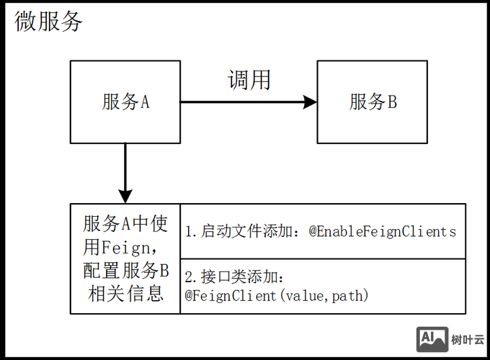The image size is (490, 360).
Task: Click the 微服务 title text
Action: [49, 22]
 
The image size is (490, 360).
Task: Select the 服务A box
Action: [125, 102]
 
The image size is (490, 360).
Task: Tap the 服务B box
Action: [373, 102]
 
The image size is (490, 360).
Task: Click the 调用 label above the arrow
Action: [249, 79]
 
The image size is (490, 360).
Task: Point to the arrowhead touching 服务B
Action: [311, 102]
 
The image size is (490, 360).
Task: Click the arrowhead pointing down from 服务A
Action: [125, 195]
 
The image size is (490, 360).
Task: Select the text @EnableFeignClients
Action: [383, 232]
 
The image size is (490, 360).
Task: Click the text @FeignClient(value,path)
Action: [277, 295]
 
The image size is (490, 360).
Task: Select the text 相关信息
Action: [125, 294]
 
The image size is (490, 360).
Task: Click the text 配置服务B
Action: [125, 271]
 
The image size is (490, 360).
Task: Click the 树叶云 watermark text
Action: [468, 340]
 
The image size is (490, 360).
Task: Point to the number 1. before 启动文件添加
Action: [190, 232]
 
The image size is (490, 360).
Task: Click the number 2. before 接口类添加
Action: [190, 277]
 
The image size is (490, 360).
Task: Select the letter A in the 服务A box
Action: [144, 102]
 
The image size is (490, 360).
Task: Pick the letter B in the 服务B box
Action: [392, 102]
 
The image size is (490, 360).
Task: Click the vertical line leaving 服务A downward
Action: [125, 166]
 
